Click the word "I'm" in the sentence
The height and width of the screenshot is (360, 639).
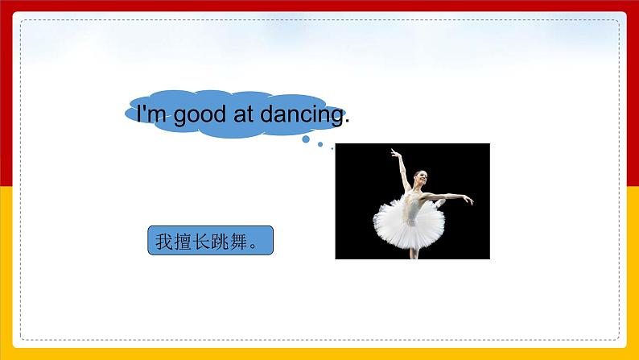151,115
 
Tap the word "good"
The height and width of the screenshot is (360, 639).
201,116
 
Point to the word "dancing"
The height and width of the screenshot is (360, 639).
301,116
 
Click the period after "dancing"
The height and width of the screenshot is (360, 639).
347,122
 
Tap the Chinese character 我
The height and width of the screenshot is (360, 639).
164,242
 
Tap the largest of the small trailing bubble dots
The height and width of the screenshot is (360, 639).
307,139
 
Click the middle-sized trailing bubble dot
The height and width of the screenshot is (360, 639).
320,145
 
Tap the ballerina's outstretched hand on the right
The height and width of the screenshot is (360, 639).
469,201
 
